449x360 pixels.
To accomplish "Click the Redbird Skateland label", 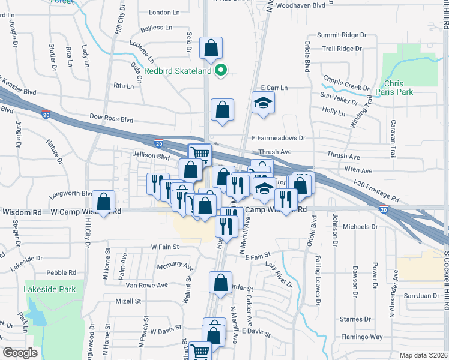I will tap(178, 71).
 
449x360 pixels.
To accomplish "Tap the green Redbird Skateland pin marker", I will tap(221, 71).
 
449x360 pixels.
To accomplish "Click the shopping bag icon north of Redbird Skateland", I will tap(211, 49).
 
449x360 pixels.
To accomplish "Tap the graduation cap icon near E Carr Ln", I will tap(263, 103).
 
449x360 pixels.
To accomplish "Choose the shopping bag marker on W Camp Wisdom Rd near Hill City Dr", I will tap(104, 202).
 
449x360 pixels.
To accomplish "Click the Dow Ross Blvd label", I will tap(110, 119).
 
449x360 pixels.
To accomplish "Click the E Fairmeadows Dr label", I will tap(279, 138).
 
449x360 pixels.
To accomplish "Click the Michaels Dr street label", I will tap(358, 227).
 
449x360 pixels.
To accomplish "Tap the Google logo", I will tap(20, 353).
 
